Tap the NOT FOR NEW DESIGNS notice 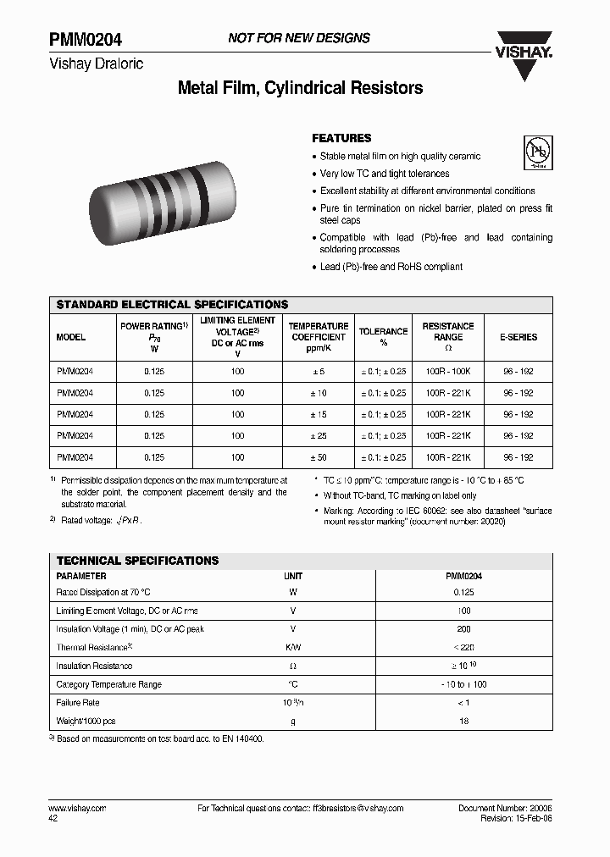299,38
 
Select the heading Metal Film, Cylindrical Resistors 300,88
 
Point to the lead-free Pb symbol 537,152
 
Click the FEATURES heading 341,138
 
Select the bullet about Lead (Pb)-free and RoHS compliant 391,267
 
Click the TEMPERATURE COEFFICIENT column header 318,331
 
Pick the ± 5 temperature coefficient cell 318,372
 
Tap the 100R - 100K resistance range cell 448,372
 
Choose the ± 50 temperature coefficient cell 318,457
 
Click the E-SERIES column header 518,337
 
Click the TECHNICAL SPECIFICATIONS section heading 137,561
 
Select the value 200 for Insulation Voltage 463,629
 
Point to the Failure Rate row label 79,703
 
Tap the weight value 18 463,721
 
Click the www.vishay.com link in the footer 81,809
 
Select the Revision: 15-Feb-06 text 516,819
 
